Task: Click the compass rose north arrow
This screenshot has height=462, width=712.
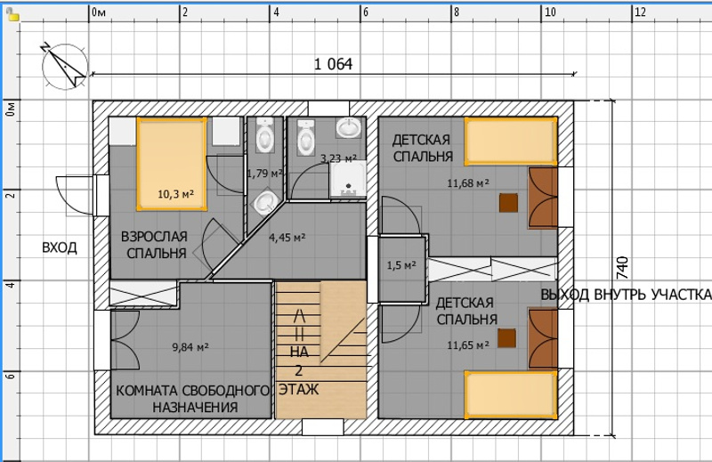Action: tap(63, 65)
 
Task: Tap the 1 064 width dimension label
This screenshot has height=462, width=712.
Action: tap(333, 64)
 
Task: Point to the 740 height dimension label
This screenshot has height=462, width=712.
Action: tap(622, 268)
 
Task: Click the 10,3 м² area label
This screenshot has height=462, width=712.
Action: tap(175, 194)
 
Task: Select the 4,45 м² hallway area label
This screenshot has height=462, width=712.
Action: tap(287, 237)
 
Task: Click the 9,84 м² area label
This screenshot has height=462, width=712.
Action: tap(190, 347)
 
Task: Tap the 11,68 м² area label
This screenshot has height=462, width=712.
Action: tap(468, 183)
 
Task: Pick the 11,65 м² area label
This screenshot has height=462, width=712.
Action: tap(468, 345)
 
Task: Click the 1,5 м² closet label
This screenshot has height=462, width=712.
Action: tap(401, 265)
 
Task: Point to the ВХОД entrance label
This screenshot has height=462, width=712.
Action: tap(60, 248)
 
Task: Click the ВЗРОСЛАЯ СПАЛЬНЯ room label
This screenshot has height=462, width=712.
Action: tap(154, 245)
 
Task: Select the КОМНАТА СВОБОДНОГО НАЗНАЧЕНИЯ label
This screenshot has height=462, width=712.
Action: tap(193, 399)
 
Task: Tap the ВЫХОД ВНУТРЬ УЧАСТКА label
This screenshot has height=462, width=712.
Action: tap(626, 295)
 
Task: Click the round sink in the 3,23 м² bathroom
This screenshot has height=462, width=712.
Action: tap(349, 127)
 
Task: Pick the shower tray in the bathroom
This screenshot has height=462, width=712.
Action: tap(348, 180)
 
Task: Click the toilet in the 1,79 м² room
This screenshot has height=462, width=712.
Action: tap(264, 135)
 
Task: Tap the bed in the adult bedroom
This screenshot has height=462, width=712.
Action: tap(172, 164)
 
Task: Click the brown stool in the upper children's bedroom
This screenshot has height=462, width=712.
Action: tap(508, 203)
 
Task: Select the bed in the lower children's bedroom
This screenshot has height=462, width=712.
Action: tap(511, 394)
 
